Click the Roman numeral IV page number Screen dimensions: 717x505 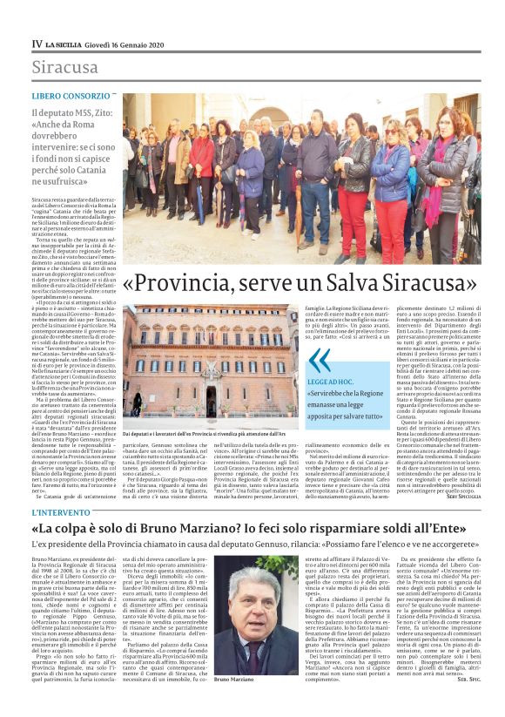(37, 43)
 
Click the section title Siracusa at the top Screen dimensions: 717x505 (64, 67)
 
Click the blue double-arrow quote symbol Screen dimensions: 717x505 (320, 360)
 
